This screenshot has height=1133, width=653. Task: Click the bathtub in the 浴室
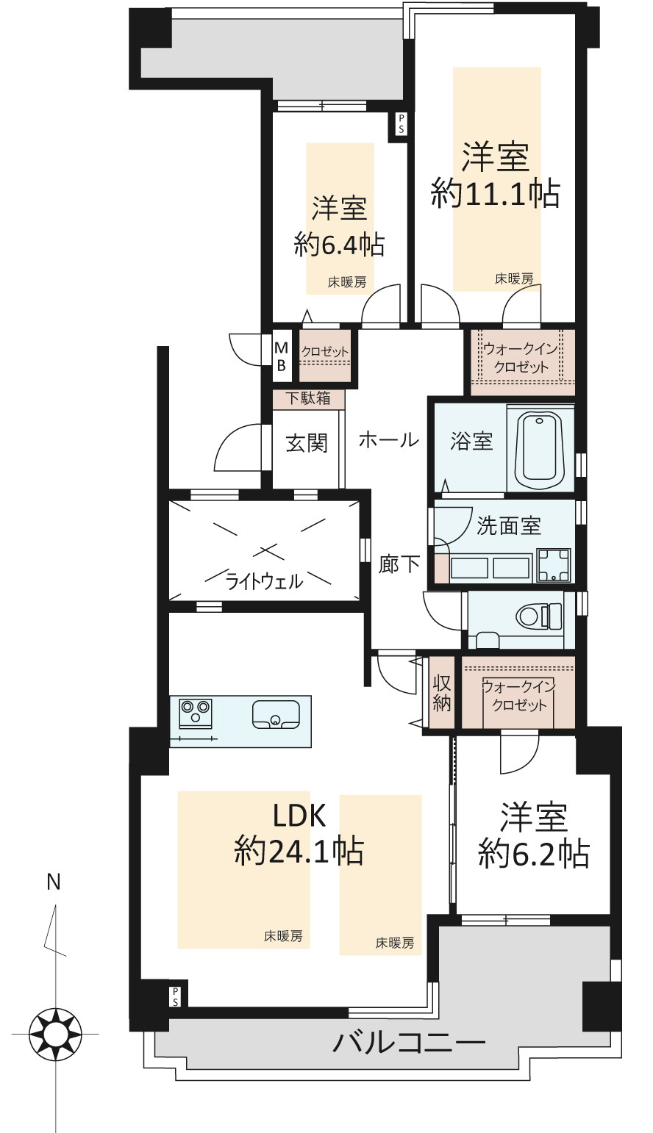(x=540, y=448)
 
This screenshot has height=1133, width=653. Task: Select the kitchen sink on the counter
(x=275, y=714)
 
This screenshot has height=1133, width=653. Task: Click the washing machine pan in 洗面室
(x=554, y=565)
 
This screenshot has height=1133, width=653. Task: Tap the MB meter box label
(x=281, y=356)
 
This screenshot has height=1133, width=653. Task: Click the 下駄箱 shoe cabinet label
(x=308, y=398)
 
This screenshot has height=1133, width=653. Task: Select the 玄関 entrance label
(x=307, y=443)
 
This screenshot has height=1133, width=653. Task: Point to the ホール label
(x=389, y=440)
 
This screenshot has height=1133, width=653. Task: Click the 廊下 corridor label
(x=399, y=564)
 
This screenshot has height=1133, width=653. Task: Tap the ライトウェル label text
(x=264, y=582)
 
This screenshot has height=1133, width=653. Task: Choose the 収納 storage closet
(x=441, y=693)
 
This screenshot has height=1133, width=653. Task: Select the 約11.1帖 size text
(x=495, y=193)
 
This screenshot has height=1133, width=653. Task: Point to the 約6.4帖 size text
(x=339, y=245)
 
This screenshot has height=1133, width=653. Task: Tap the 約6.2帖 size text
(x=534, y=855)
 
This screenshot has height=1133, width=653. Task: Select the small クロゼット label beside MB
(x=325, y=351)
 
